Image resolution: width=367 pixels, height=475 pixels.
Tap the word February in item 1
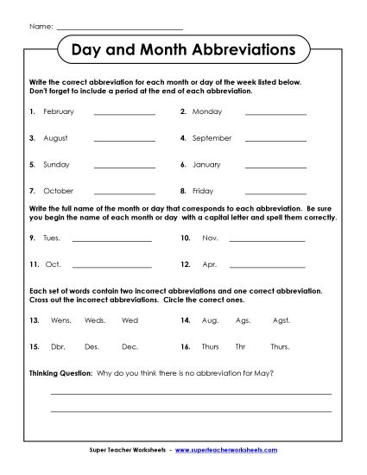point(58,112)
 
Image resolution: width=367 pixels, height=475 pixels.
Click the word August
point(54,138)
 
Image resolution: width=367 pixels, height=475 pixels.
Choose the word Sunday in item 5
point(55,164)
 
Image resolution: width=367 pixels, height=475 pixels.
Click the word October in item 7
point(57,190)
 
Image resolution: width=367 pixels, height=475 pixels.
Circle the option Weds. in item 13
point(94,320)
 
